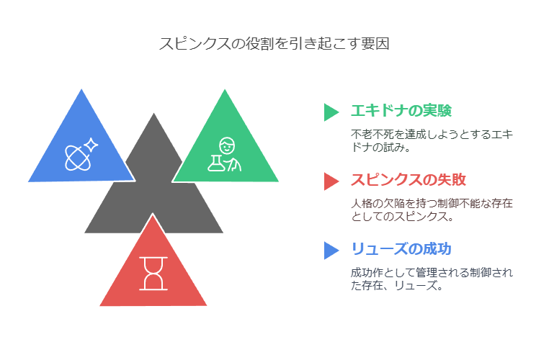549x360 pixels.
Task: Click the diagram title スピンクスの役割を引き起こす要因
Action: pos(274,44)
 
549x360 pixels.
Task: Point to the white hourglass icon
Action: pos(153,274)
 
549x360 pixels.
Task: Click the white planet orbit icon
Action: pos(78,158)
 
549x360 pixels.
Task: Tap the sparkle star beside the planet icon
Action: pos(91,145)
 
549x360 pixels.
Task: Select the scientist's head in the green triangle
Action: pos(227,145)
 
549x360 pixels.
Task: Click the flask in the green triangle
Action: pos(216,163)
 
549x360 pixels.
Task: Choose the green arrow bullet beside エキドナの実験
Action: pos(331,112)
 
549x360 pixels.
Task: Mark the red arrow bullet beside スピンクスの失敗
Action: pos(331,181)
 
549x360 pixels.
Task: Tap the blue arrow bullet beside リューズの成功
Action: pos(331,251)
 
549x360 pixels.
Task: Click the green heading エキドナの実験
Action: pos(401,111)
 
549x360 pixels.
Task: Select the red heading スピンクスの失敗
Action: pos(409,180)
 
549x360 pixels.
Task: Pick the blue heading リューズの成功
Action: pos(401,249)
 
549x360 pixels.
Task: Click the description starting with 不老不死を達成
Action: pos(432,140)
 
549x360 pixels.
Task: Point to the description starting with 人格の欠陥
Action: pos(432,210)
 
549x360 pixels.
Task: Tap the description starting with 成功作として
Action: pos(432,279)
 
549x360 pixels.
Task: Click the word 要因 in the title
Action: pos(375,44)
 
